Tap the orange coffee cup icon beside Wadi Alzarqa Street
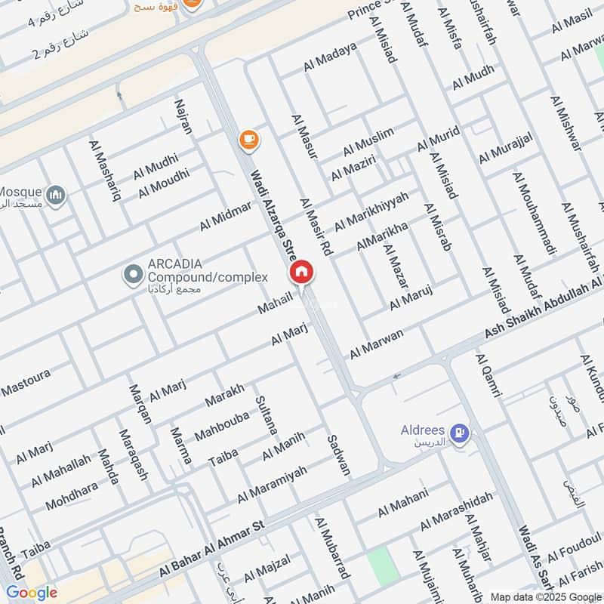pyautogui.click(x=248, y=139)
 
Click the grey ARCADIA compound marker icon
pyautogui.click(x=134, y=273)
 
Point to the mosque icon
pyautogui.click(x=55, y=196)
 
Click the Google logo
pyautogui.click(x=31, y=592)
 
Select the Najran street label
pyautogui.click(x=183, y=116)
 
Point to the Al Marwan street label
pyautogui.click(x=376, y=344)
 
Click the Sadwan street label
pyautogui.click(x=338, y=455)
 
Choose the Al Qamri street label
pyautogui.click(x=488, y=374)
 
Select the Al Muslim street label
pyautogui.click(x=368, y=140)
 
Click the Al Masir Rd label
pyautogui.click(x=316, y=226)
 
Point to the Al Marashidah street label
pyautogui.click(x=457, y=510)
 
